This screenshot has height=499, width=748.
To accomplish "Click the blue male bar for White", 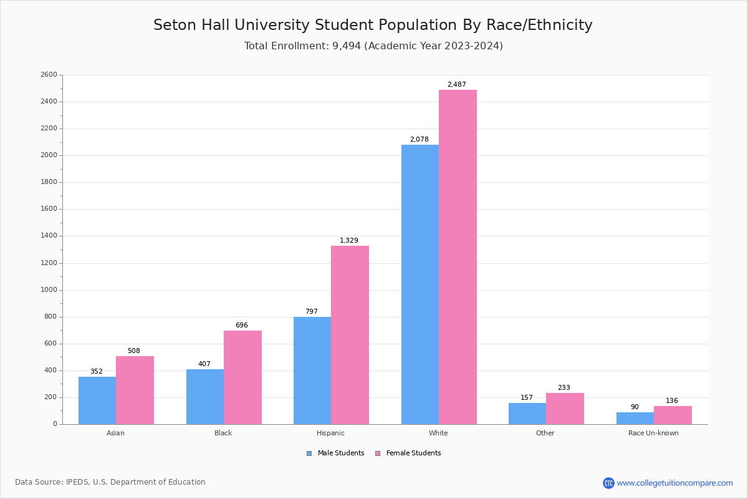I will (x=420, y=284).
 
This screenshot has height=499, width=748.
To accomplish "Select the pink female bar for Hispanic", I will (x=350, y=335).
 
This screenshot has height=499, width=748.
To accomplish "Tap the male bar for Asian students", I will (x=97, y=400).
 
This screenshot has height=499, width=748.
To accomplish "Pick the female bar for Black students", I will (x=242, y=377).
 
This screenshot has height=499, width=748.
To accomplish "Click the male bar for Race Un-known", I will (x=635, y=418).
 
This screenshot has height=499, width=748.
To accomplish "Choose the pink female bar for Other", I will (x=565, y=409).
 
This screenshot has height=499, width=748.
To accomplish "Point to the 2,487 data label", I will (x=456, y=85).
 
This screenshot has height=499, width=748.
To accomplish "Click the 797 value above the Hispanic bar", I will (x=312, y=312).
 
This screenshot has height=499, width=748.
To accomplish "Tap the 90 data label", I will (x=635, y=407).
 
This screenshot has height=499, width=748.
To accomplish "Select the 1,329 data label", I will (x=349, y=241).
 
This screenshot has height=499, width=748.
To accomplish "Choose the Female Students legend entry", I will (x=408, y=453).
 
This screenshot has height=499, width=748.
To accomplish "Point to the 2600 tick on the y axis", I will (x=49, y=75).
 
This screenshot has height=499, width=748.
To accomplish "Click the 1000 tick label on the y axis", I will (x=49, y=290).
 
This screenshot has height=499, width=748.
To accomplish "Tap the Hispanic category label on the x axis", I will (x=330, y=433).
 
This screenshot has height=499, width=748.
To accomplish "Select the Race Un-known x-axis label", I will (x=653, y=433).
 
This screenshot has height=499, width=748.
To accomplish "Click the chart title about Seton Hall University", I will (x=373, y=26).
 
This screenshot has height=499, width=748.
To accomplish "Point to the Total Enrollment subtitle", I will (x=373, y=46).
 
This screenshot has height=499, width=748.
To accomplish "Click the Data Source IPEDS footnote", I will (x=110, y=482).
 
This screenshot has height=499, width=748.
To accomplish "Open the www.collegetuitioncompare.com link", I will (x=674, y=483).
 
